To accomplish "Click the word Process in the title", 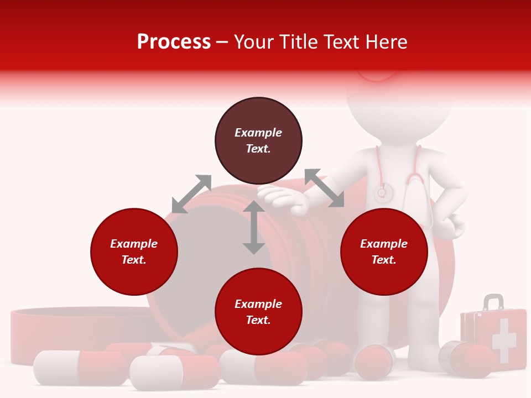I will coord(174,42).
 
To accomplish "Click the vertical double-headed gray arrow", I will coord(253,228).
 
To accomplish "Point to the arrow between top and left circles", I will coord(191,193).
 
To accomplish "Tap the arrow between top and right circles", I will coord(324,188).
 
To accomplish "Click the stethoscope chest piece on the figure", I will coord(382,193).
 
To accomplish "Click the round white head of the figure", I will coord(399,105).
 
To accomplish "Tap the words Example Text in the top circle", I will coord(258,140).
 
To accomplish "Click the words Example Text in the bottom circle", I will coord(258,312).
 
